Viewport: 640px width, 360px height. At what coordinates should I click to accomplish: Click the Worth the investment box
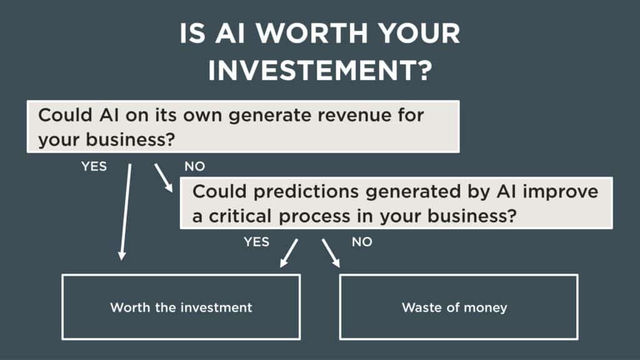(181, 307)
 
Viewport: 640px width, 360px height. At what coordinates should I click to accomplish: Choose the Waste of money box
(458, 307)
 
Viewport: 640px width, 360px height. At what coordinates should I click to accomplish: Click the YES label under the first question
(94, 167)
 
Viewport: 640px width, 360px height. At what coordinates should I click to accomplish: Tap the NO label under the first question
(194, 167)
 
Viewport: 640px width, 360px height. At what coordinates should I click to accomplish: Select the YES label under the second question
(256, 242)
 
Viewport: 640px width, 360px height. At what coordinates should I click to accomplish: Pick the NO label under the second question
(362, 242)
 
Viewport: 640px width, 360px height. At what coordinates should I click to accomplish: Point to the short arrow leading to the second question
(163, 177)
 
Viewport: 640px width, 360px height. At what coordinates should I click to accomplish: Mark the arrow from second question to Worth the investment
(288, 252)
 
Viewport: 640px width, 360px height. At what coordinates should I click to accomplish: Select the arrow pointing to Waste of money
(331, 252)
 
